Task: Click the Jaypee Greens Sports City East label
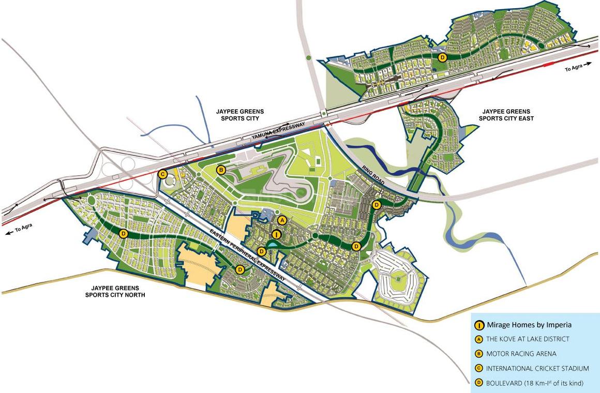tap(506, 115)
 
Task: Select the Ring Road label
tap(370, 177)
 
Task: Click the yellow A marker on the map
tap(282, 220)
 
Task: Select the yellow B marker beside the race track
tap(221, 170)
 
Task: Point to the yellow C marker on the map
tap(162, 174)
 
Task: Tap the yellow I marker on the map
tap(276, 235)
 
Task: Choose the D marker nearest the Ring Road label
tap(377, 205)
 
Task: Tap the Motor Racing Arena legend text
tap(521, 354)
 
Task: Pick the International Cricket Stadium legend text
tap(537, 368)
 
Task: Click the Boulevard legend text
tap(534, 383)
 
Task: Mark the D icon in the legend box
tap(479, 383)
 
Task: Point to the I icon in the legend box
tap(479, 325)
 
